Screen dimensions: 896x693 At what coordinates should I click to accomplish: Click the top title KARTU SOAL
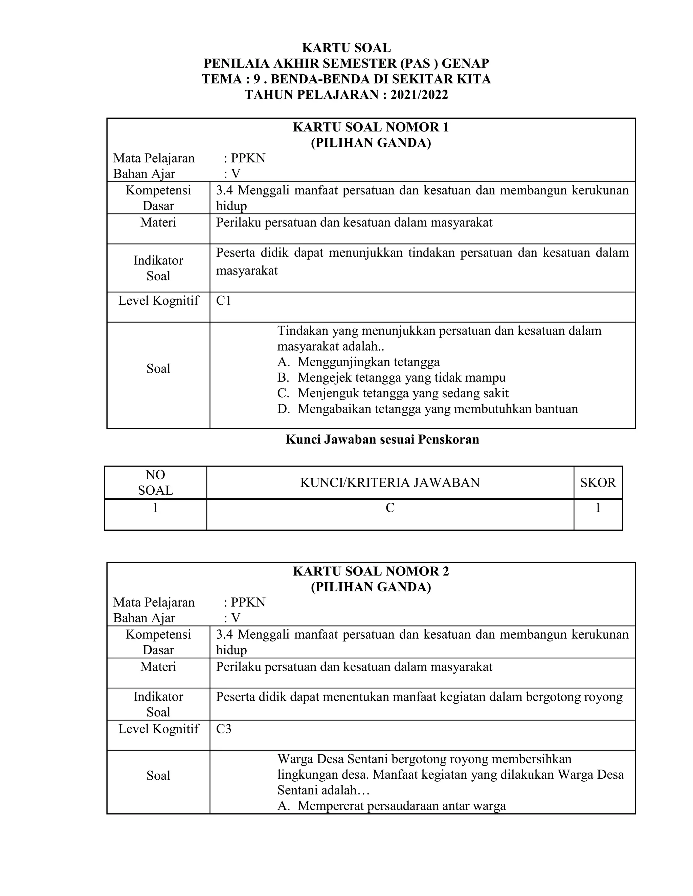346,48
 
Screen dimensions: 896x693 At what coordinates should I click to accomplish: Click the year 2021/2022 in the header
419,95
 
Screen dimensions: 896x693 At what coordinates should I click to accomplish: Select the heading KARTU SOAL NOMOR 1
371,127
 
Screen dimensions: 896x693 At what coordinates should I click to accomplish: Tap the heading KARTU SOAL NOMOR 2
371,571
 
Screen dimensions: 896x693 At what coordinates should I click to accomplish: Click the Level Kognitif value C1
224,301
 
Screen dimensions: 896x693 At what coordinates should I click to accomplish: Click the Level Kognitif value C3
224,729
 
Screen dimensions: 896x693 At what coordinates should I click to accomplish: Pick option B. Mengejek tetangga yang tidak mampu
391,377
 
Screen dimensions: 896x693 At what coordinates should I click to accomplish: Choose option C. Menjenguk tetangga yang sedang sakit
393,393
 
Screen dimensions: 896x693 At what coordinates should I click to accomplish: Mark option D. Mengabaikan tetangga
427,409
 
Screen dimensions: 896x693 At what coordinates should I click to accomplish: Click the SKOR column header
598,482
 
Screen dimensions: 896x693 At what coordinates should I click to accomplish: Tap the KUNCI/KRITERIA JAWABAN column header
389,482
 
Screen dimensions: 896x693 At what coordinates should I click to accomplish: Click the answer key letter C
389,508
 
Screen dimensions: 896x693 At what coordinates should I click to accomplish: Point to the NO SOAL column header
155,482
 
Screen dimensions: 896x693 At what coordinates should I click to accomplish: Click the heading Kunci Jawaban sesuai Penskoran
382,440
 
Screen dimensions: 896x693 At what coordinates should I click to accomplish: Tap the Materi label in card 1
158,222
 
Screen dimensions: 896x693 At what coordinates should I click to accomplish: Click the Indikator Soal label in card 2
158,704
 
